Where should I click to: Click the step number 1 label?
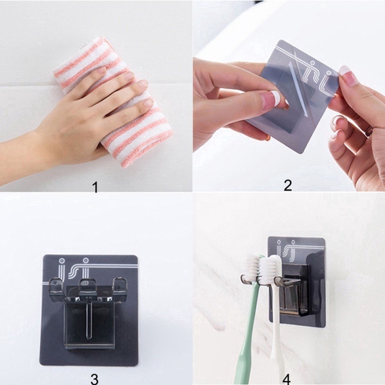click(95, 187)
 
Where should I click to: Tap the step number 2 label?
click(287, 185)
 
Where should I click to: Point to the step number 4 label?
click(288, 377)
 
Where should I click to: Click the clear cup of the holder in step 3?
click(90, 321)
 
